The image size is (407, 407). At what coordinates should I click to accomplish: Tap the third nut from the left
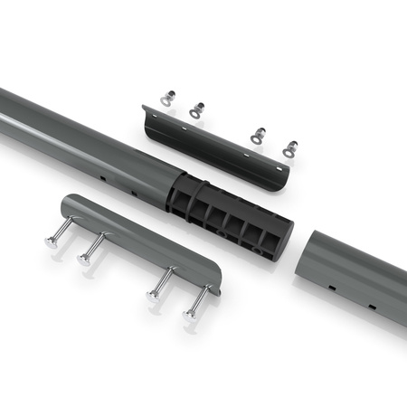coord(258,135)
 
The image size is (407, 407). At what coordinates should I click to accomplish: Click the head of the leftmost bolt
coord(52,243)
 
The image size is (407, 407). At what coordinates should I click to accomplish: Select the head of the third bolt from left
coord(153,295)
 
